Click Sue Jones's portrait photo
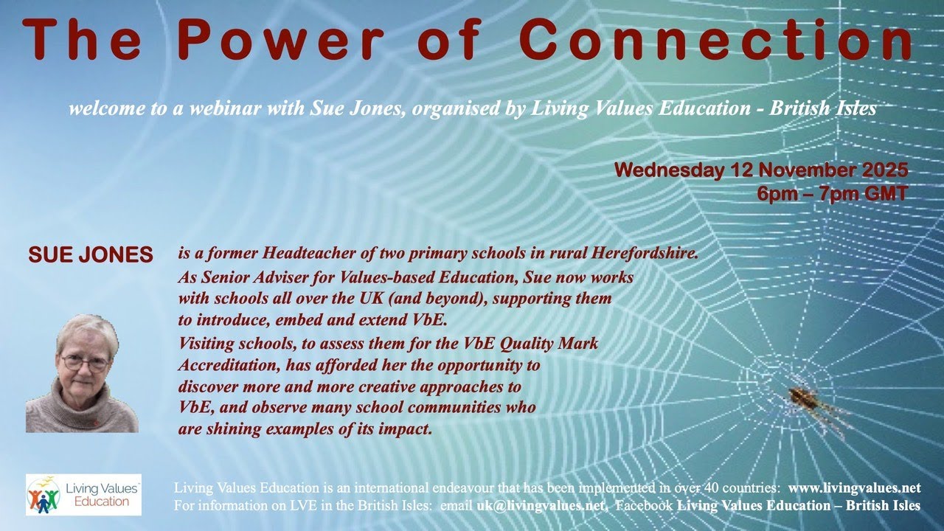pyautogui.click(x=82, y=374)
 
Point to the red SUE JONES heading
pyautogui.click(x=90, y=256)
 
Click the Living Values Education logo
pyautogui.click(x=83, y=494)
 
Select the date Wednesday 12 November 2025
pyautogui.click(x=760, y=170)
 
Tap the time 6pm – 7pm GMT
pyautogui.click(x=832, y=195)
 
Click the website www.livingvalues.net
pyautogui.click(x=854, y=488)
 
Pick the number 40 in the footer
pyautogui.click(x=700, y=488)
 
